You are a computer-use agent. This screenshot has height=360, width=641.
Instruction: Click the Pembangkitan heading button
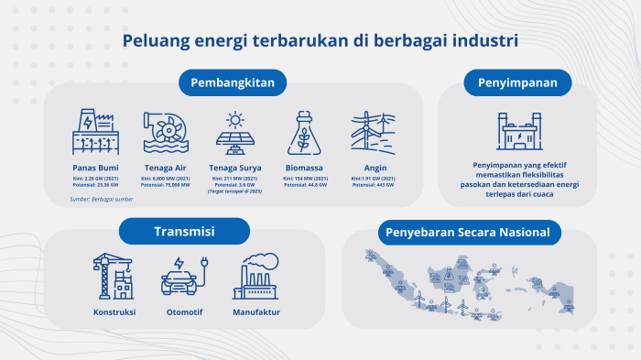pos(233,82)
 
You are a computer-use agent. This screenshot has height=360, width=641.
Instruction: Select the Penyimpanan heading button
pos(517,82)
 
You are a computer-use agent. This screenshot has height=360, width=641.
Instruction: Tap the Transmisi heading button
pos(184,232)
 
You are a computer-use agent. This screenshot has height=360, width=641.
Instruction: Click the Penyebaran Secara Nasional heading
pos(468,233)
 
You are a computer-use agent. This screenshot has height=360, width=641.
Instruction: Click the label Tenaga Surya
pos(235,169)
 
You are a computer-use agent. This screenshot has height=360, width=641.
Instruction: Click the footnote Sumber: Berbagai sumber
pos(102,199)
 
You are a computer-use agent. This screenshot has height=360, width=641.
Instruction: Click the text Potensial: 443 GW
pos(372,185)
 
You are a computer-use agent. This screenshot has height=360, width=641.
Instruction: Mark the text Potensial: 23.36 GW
pos(96,185)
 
